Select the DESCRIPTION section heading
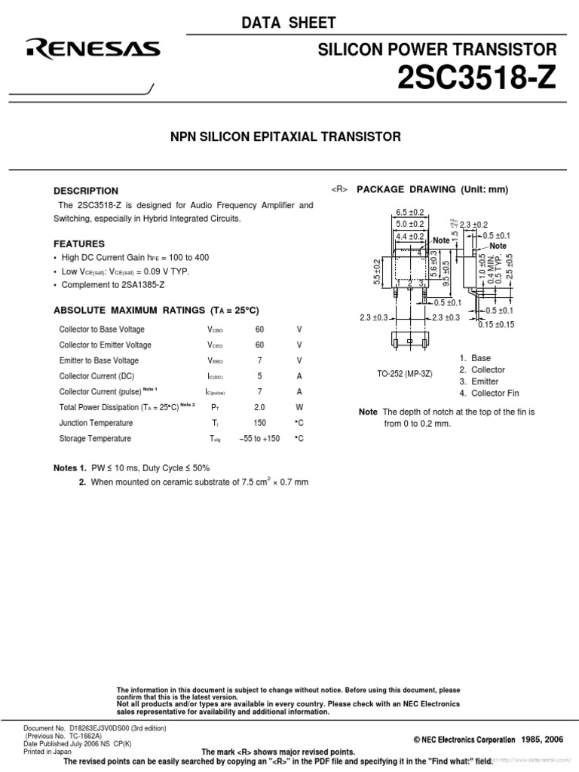86,191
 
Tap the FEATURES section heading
79,244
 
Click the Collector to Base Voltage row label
102,329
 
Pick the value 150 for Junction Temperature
260,423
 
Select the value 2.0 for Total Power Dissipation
260,407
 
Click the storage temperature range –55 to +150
260,439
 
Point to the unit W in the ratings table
299,407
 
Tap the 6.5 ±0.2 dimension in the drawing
411,213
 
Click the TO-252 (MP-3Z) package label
405,374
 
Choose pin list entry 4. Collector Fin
489,394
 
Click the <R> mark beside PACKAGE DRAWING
339,190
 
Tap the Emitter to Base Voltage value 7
260,360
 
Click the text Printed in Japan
47,751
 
